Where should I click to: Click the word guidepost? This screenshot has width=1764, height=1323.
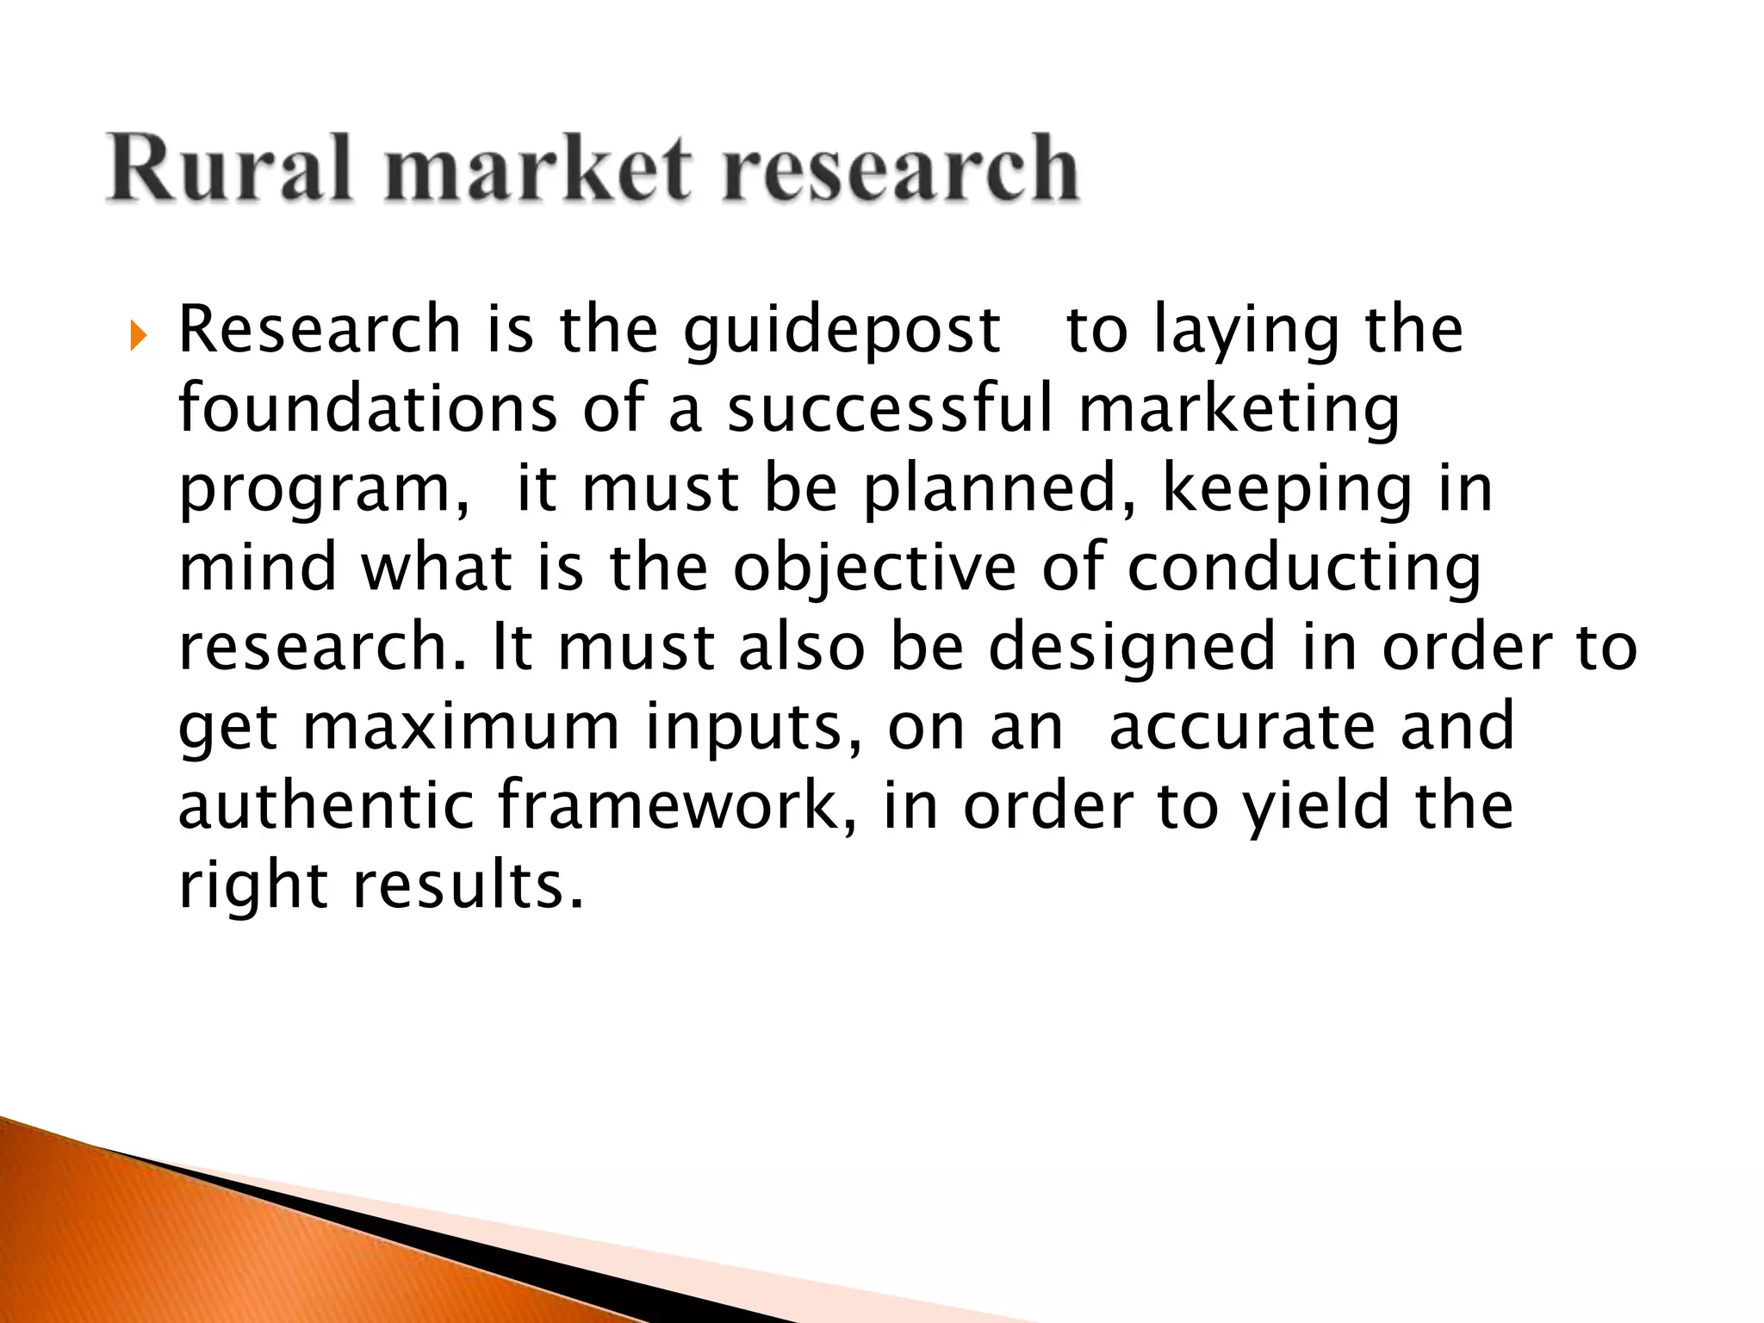click(x=842, y=331)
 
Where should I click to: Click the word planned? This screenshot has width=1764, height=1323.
click(x=1001, y=488)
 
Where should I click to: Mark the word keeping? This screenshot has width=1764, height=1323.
click(x=1287, y=490)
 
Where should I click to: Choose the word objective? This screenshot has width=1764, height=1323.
click(x=875, y=568)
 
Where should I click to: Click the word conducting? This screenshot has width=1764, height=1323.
click(x=1304, y=568)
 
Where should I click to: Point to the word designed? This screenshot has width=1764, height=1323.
click(x=1132, y=649)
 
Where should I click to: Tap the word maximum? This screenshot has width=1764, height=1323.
click(x=462, y=728)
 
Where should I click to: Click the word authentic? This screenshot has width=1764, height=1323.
click(x=326, y=806)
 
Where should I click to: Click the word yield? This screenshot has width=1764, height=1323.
click(x=1316, y=806)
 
